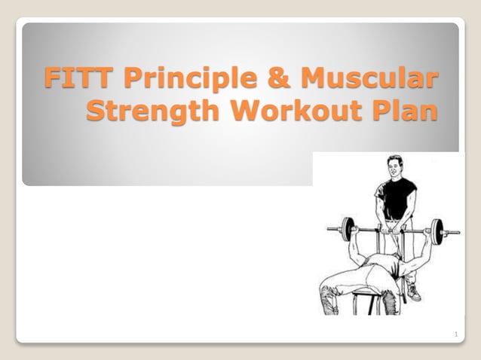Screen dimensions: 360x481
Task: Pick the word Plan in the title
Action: (x=406, y=110)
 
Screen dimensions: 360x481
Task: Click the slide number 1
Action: (x=457, y=334)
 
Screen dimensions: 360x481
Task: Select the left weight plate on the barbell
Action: (x=348, y=229)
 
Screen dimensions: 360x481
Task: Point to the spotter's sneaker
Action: (x=414, y=294)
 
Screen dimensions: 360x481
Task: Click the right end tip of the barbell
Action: (x=458, y=231)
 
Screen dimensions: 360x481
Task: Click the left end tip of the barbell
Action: (x=329, y=227)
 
